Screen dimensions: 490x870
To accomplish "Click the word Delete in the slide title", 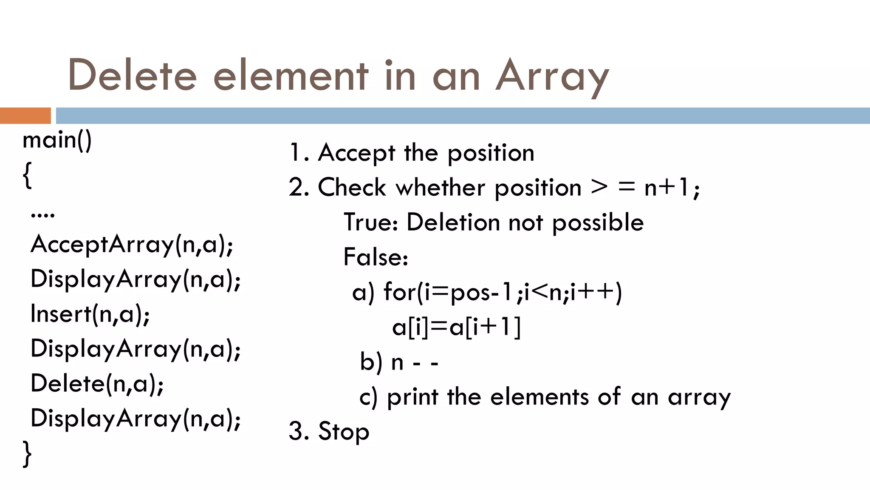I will (132, 76).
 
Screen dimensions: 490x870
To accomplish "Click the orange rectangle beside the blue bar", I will (25, 116).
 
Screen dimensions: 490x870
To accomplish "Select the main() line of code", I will (57, 140).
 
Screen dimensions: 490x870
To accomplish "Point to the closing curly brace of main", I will (27, 454).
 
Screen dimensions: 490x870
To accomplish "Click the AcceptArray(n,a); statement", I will (132, 245).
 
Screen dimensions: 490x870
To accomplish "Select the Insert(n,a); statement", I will (90, 314).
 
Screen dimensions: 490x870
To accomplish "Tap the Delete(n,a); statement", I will (97, 383).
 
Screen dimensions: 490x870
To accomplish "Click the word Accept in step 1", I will (356, 153).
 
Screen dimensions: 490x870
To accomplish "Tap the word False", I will (376, 257).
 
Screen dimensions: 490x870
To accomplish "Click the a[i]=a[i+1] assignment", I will (456, 327).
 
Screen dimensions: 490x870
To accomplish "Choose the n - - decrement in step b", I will (415, 362).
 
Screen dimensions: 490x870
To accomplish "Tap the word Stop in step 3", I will (343, 431).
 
